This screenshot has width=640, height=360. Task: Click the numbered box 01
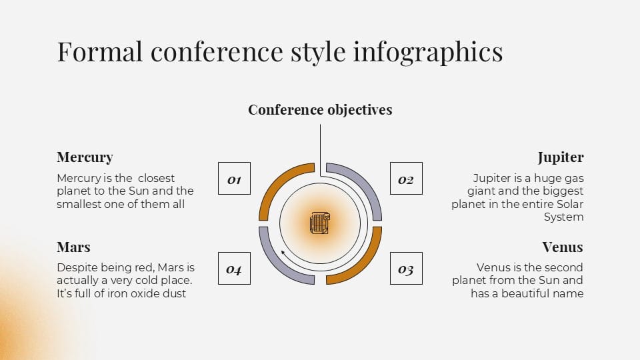coord(234,179)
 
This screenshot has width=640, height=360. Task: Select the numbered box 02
coord(406,179)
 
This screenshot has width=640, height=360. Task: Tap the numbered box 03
coord(406,269)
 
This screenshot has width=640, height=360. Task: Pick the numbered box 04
coord(234,269)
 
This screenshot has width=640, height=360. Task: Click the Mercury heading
coord(85,157)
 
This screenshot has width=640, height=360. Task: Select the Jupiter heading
coord(560,157)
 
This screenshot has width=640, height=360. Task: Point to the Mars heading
coord(73,247)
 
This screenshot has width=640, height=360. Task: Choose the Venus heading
coord(562,247)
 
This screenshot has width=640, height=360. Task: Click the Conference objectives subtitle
coord(320,109)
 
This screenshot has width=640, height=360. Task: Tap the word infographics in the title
coord(427,52)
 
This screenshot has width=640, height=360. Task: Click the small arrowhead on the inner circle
coord(283,253)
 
